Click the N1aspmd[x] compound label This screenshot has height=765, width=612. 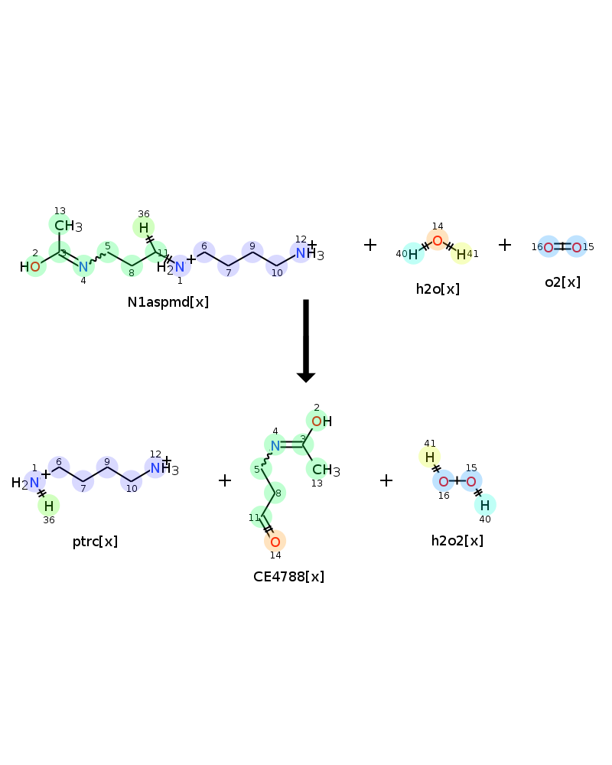168,302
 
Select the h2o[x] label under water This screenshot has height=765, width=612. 438,289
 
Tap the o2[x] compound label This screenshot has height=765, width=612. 563,282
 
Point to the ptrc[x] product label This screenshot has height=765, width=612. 95,542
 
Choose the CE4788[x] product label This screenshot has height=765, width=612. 288,577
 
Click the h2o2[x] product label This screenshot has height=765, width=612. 457,541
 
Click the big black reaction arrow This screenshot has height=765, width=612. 306,340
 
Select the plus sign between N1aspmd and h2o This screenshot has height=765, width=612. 370,245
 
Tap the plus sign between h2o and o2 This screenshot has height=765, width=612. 505,245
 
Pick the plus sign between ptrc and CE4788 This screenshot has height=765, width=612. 224,480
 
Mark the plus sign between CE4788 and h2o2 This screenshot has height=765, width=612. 386,480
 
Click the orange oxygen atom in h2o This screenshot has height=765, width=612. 438,240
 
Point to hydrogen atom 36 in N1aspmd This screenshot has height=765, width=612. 144,227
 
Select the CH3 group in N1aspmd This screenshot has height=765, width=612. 68,226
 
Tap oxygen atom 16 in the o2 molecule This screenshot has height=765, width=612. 549,247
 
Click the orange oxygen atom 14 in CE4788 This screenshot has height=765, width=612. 275,542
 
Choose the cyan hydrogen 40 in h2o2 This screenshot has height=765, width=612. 484,505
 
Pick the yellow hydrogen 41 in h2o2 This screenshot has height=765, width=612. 429,457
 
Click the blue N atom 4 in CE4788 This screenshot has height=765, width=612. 275,445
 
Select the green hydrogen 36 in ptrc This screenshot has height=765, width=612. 49,506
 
